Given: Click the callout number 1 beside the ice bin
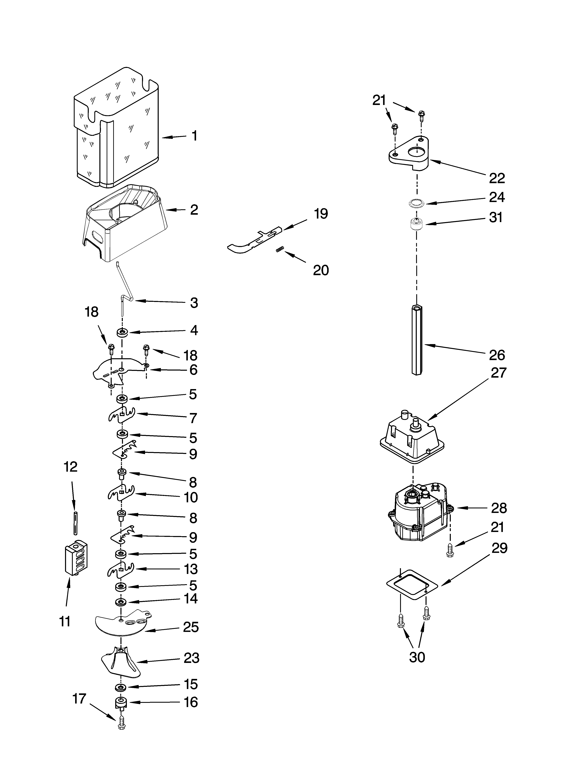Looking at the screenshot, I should (194, 136).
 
